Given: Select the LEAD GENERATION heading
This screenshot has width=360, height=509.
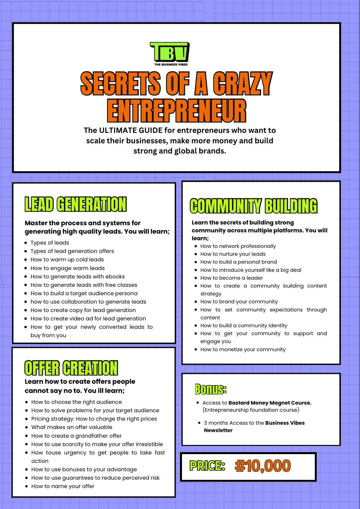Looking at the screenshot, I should click(75, 204).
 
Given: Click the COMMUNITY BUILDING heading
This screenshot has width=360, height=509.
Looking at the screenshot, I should click(254, 206).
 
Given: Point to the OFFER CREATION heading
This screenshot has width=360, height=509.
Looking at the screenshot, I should click(71, 368).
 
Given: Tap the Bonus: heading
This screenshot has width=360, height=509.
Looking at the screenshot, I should click(211, 389).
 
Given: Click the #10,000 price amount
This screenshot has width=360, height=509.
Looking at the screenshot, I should click(263, 466).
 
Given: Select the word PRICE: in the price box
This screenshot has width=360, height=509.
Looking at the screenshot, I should click(207, 466).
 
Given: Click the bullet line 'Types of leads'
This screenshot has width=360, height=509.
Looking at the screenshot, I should click(50, 243).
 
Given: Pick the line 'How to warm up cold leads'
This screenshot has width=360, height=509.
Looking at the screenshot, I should click(67, 260).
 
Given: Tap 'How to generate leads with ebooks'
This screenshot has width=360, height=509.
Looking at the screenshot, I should click(77, 276).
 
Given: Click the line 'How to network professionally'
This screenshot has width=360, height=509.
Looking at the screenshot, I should click(238, 246).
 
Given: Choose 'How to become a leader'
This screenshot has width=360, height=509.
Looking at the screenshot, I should click(231, 278).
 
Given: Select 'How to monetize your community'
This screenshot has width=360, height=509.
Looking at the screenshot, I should click(243, 350).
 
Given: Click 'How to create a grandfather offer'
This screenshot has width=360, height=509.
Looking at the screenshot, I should click(76, 436).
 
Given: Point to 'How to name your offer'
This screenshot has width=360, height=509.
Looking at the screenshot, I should click(63, 486).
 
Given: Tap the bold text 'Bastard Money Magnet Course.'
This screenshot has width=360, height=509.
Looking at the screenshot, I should click(270, 403).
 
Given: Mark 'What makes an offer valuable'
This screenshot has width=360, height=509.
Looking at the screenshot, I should click(72, 427).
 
